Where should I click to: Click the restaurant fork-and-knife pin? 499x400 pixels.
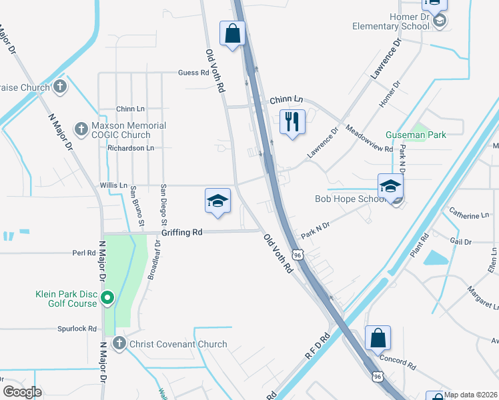point(292,122)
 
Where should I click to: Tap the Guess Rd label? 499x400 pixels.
point(193,73)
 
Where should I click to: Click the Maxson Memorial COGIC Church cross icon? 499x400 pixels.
point(81,129)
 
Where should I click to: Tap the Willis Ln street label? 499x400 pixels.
point(113,185)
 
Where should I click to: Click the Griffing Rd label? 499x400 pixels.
point(181,233)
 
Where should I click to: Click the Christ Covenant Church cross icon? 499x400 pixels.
point(119,343)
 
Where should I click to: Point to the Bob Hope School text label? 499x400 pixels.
point(351,199)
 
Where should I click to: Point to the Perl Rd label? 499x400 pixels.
point(85,253)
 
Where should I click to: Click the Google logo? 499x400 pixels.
point(22,392)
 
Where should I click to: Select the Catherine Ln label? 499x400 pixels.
point(469,215)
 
